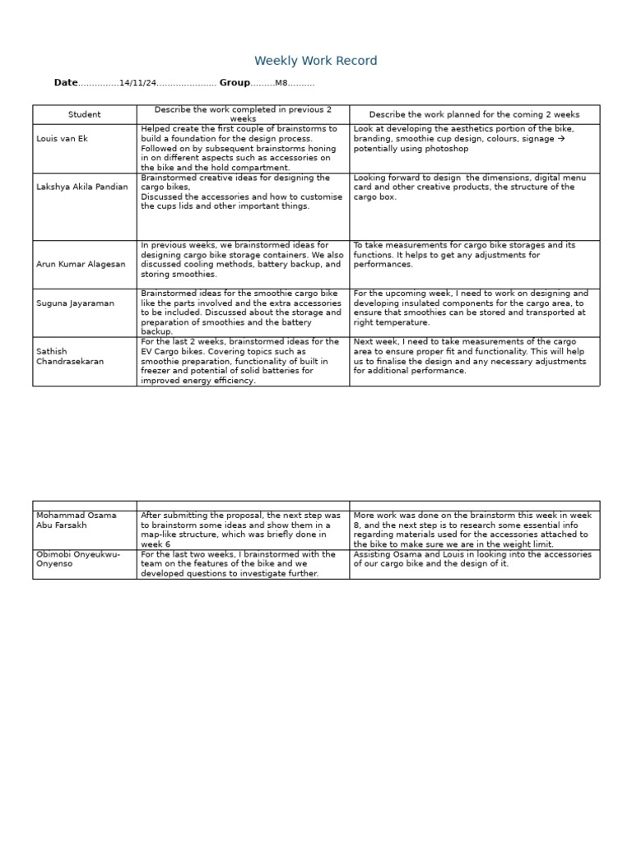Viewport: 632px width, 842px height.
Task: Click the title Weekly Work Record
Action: pyautogui.click(x=316, y=61)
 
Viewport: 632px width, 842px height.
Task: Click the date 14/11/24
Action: pyautogui.click(x=137, y=83)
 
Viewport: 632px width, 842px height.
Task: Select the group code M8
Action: pyautogui.click(x=281, y=83)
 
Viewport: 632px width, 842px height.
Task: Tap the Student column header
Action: pyautogui.click(x=85, y=114)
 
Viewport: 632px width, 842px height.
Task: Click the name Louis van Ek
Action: pyautogui.click(x=62, y=138)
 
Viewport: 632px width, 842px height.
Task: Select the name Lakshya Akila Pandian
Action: pyautogui.click(x=82, y=187)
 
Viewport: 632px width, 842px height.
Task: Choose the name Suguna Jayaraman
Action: pyautogui.click(x=76, y=303)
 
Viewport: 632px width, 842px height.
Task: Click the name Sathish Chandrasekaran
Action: pyautogui.click(x=70, y=356)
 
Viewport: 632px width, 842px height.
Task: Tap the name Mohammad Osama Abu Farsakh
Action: pyautogui.click(x=76, y=520)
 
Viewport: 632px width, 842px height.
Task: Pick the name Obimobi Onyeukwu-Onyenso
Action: pyautogui.click(x=78, y=559)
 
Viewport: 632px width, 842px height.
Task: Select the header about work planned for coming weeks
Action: pyautogui.click(x=474, y=114)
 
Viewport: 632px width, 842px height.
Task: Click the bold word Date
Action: pyautogui.click(x=66, y=83)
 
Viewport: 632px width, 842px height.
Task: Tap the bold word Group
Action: pyautogui.click(x=235, y=83)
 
